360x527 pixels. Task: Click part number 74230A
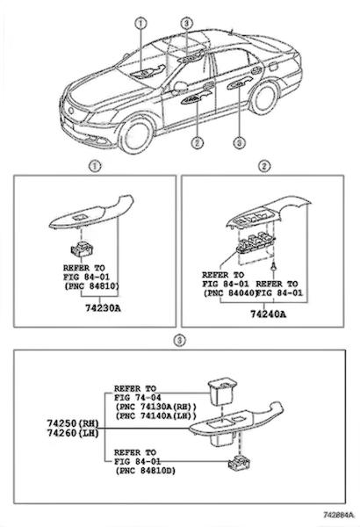point(103,308)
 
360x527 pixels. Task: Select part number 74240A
point(268,314)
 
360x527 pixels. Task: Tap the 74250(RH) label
point(73,422)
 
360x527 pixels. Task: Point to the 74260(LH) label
point(73,433)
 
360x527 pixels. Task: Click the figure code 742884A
point(339,515)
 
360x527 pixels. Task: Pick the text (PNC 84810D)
point(145,471)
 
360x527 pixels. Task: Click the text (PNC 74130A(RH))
point(155,407)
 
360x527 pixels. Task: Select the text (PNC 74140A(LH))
point(155,415)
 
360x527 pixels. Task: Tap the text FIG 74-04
point(137,398)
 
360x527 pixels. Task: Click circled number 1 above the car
point(140,23)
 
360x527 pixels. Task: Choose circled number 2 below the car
point(197,143)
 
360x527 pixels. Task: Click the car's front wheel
point(137,134)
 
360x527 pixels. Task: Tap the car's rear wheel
point(264,98)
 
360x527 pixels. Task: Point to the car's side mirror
point(179,87)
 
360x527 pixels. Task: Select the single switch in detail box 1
point(82,249)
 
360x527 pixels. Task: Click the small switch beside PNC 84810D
point(239,464)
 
